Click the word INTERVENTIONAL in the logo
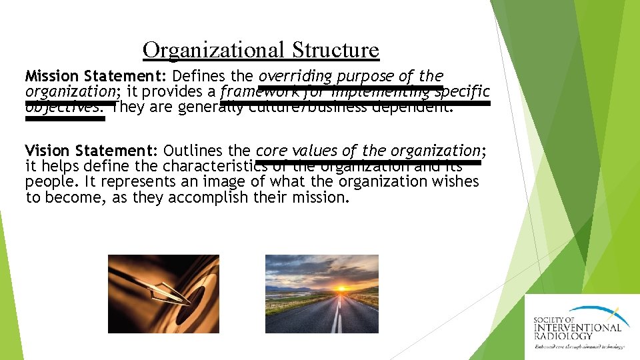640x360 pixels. click(x=577, y=327)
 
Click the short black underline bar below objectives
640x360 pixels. click(x=65, y=119)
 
